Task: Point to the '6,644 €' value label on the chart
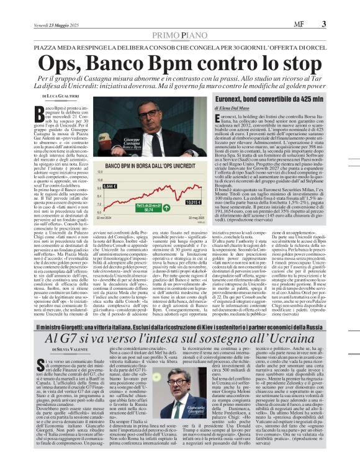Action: (92, 186)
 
